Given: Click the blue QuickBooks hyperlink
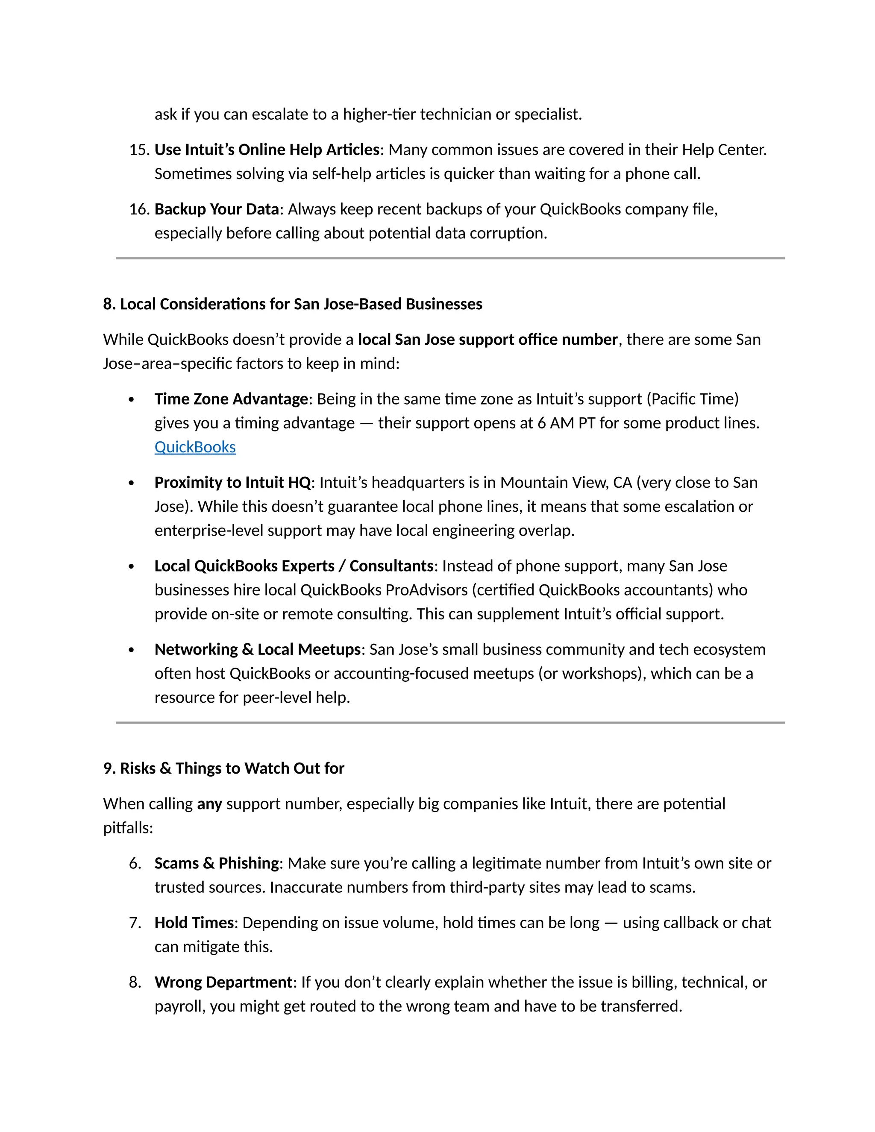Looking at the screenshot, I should click(195, 447).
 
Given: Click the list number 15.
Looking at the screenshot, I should click(139, 150).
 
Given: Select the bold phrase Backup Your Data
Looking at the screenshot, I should click(217, 209).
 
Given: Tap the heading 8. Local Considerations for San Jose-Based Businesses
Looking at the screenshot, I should click(292, 304).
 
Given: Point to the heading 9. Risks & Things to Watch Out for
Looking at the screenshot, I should click(223, 768).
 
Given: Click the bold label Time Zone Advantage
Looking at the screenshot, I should click(231, 399).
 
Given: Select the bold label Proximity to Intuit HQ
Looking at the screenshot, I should click(232, 483).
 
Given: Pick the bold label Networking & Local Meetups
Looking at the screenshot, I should click(258, 649).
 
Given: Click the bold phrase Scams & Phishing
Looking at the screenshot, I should click(217, 863).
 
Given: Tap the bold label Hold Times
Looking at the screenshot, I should click(194, 923).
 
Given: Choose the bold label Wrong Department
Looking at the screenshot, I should click(223, 982).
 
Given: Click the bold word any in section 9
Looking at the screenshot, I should click(209, 804).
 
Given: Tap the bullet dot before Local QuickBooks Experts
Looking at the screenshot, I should click(131, 566).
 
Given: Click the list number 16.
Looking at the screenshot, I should click(139, 209).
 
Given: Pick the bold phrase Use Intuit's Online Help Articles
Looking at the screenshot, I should click(267, 150).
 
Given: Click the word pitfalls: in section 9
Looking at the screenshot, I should click(128, 828).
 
